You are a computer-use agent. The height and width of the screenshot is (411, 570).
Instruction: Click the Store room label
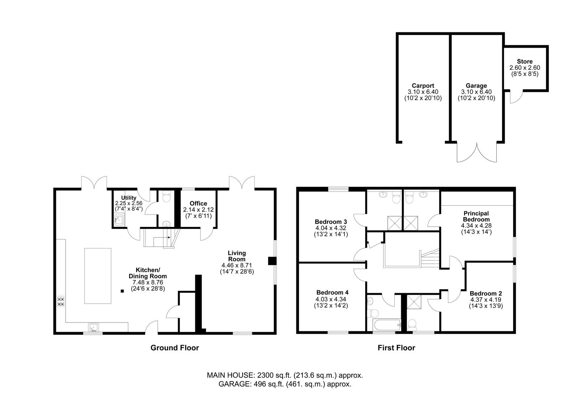(x=525, y=62)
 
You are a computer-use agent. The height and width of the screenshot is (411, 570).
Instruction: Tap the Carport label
(x=423, y=86)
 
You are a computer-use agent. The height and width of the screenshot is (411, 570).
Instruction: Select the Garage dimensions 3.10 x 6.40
(x=476, y=92)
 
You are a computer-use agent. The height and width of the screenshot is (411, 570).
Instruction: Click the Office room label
(x=198, y=203)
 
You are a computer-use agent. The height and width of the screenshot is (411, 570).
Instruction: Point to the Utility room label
(x=129, y=198)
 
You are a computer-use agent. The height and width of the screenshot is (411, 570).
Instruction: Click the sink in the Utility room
(x=119, y=220)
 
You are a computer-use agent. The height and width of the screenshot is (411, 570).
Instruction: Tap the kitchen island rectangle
(x=98, y=276)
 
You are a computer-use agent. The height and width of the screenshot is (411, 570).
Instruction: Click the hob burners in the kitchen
(x=61, y=301)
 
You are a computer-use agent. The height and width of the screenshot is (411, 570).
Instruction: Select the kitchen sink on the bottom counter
(x=93, y=327)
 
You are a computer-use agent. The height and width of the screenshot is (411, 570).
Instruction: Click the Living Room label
(x=237, y=256)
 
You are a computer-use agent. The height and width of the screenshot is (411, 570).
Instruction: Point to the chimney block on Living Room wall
(x=272, y=261)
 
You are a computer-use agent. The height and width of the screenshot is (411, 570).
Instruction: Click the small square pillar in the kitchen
(x=122, y=291)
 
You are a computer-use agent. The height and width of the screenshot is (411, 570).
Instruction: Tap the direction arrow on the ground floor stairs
(x=162, y=237)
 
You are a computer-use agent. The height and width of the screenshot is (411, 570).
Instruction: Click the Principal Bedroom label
(x=476, y=216)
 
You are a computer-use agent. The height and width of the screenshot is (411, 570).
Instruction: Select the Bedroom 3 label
(x=331, y=222)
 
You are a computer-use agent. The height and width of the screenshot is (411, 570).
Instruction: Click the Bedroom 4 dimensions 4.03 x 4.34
(x=331, y=299)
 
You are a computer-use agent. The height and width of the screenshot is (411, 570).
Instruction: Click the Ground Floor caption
(x=175, y=348)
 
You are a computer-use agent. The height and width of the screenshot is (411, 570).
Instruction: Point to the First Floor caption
(x=397, y=348)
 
